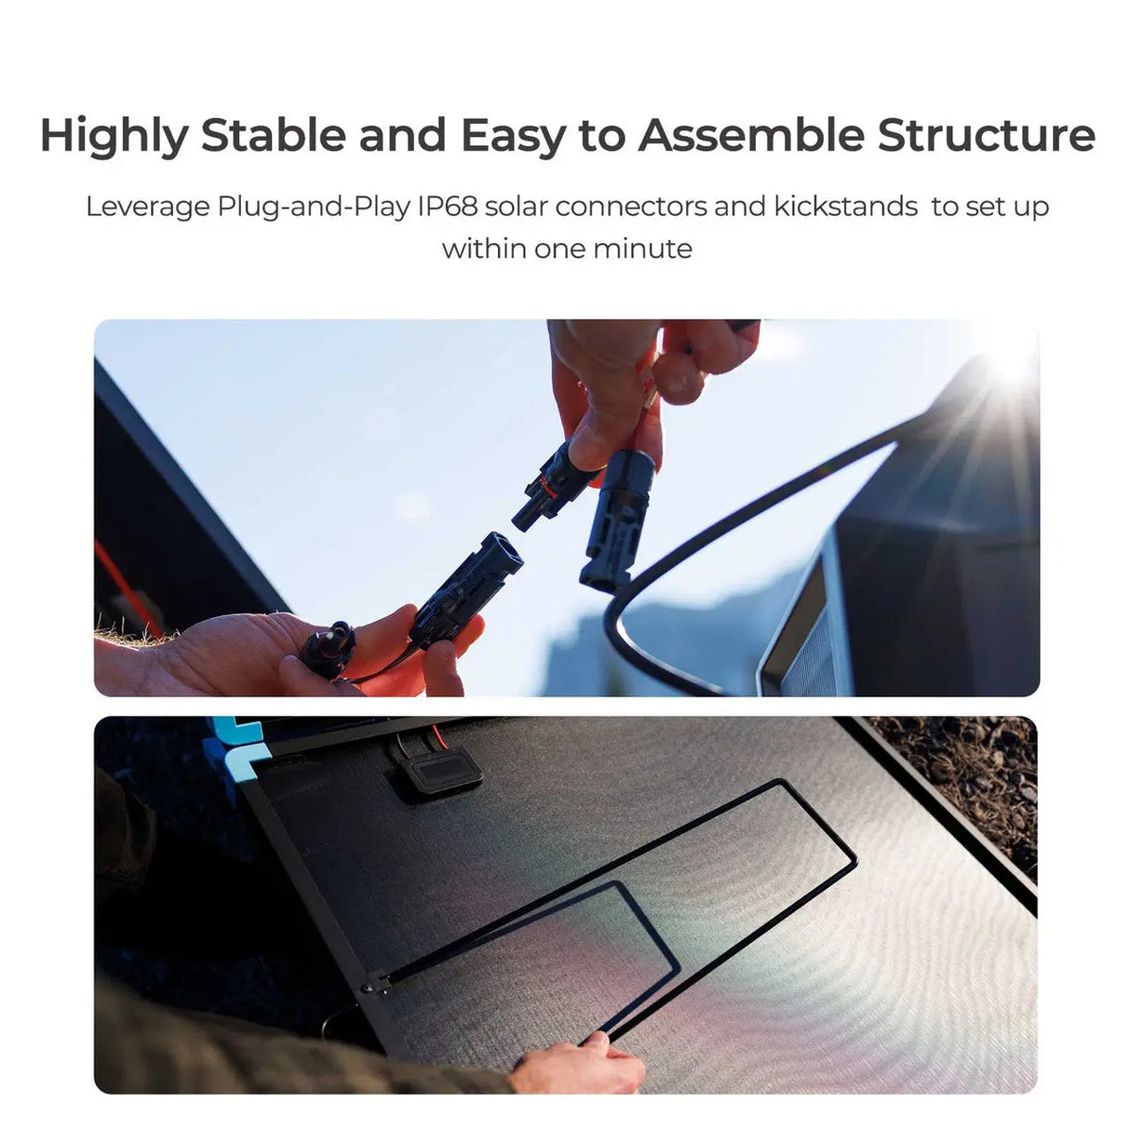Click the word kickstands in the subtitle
pos(845,206)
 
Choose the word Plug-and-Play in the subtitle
pos(314,206)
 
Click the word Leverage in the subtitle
pos(148,206)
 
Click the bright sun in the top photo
pos(1010,358)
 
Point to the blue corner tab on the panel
pos(233,746)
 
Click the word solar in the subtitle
pos(516,206)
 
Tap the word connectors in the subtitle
pos(630,206)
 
